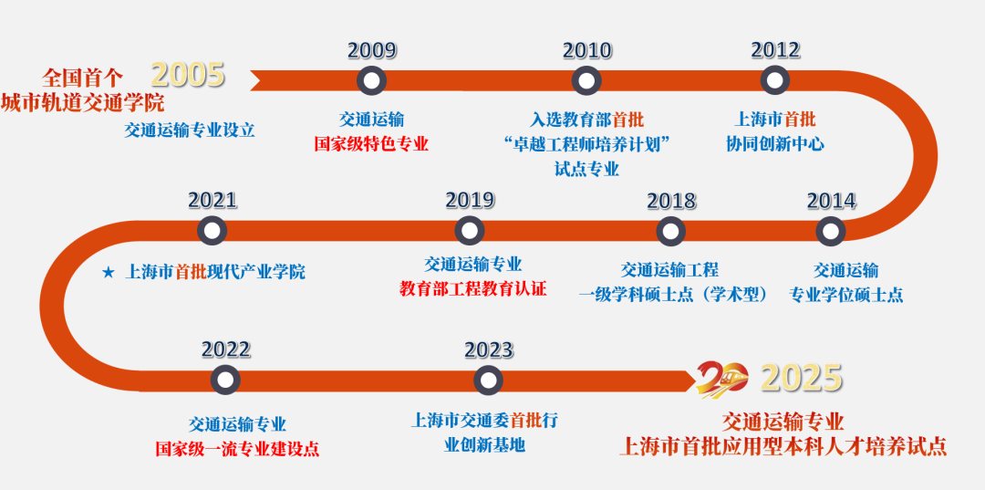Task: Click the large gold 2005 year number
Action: pyautogui.click(x=188, y=75)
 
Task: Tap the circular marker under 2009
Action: pyautogui.click(x=370, y=81)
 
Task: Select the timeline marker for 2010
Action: pyautogui.click(x=586, y=81)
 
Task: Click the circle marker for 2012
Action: pyautogui.click(x=774, y=81)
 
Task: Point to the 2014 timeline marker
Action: pyautogui.click(x=830, y=231)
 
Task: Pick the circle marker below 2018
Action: pyautogui.click(x=670, y=231)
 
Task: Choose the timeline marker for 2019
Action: pyautogui.click(x=470, y=231)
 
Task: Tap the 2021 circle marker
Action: pyautogui.click(x=212, y=231)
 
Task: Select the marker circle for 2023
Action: pyautogui.click(x=488, y=380)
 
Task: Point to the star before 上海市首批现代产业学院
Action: pyautogui.click(x=109, y=272)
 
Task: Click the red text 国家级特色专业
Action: pyautogui.click(x=371, y=144)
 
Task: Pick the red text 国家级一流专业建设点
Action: pyautogui.click(x=237, y=448)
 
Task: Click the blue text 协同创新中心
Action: pyautogui.click(x=775, y=143)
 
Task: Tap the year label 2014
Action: pyautogui.click(x=831, y=201)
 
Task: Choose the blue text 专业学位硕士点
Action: pyautogui.click(x=845, y=295)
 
